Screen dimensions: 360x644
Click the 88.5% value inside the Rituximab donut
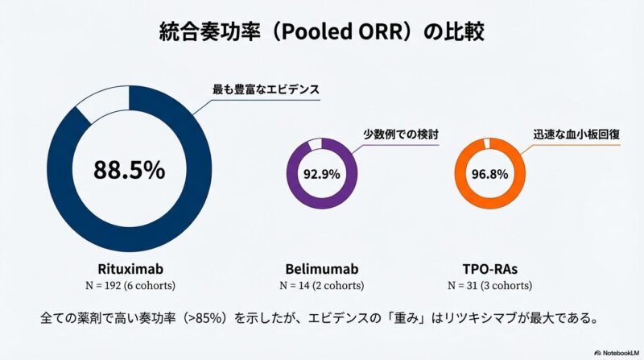pyautogui.click(x=129, y=170)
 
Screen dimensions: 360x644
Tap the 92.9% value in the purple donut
pyautogui.click(x=321, y=173)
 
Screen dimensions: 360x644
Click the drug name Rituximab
pyautogui.click(x=129, y=267)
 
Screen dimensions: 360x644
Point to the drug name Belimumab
pyautogui.click(x=321, y=267)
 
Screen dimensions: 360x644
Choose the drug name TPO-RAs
pyautogui.click(x=489, y=267)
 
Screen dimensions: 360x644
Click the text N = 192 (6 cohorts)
pyautogui.click(x=129, y=286)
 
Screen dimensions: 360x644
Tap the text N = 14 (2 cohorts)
pyautogui.click(x=321, y=286)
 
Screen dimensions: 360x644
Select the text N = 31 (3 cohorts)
pyautogui.click(x=489, y=286)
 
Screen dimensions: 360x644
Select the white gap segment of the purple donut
pyautogui.click(x=315, y=143)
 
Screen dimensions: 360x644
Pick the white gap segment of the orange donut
pyautogui.click(x=486, y=143)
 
